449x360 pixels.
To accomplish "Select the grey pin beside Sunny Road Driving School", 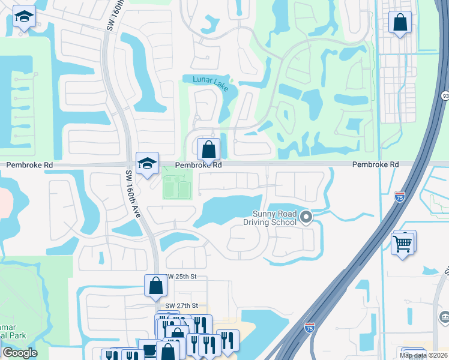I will tap(306, 217).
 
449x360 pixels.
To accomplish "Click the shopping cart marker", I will tap(403, 243).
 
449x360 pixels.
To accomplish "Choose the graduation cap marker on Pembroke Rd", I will tap(147, 163).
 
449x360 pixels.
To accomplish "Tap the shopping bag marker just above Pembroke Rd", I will tap(208, 149).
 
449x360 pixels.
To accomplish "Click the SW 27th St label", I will tap(181, 305).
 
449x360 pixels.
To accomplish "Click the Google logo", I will tap(19, 353).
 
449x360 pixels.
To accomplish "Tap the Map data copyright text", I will tap(424, 355).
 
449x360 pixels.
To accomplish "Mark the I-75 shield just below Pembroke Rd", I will tap(400, 196).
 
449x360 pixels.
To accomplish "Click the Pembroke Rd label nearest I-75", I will tap(375, 164).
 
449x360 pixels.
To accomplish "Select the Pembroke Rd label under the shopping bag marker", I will tap(199, 164).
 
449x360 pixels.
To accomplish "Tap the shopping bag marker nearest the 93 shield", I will tap(400, 23).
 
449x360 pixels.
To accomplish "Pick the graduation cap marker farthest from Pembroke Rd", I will tap(25, 18).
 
